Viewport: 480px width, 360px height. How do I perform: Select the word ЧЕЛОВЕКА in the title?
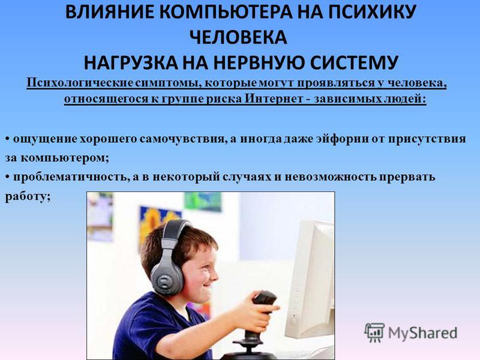tap(238, 37)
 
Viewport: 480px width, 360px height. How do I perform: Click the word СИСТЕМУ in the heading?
tap(354, 62)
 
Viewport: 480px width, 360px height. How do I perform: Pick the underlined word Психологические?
tap(80, 83)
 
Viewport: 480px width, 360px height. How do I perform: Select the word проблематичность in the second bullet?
tap(71, 178)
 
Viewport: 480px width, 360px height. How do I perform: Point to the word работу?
tap(28, 197)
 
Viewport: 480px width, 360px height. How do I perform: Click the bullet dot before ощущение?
tap(7, 139)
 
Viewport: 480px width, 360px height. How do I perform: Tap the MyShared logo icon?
tap(374, 332)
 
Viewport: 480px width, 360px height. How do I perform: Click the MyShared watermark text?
tap(423, 333)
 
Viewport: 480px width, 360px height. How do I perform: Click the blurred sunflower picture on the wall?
tap(156, 221)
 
